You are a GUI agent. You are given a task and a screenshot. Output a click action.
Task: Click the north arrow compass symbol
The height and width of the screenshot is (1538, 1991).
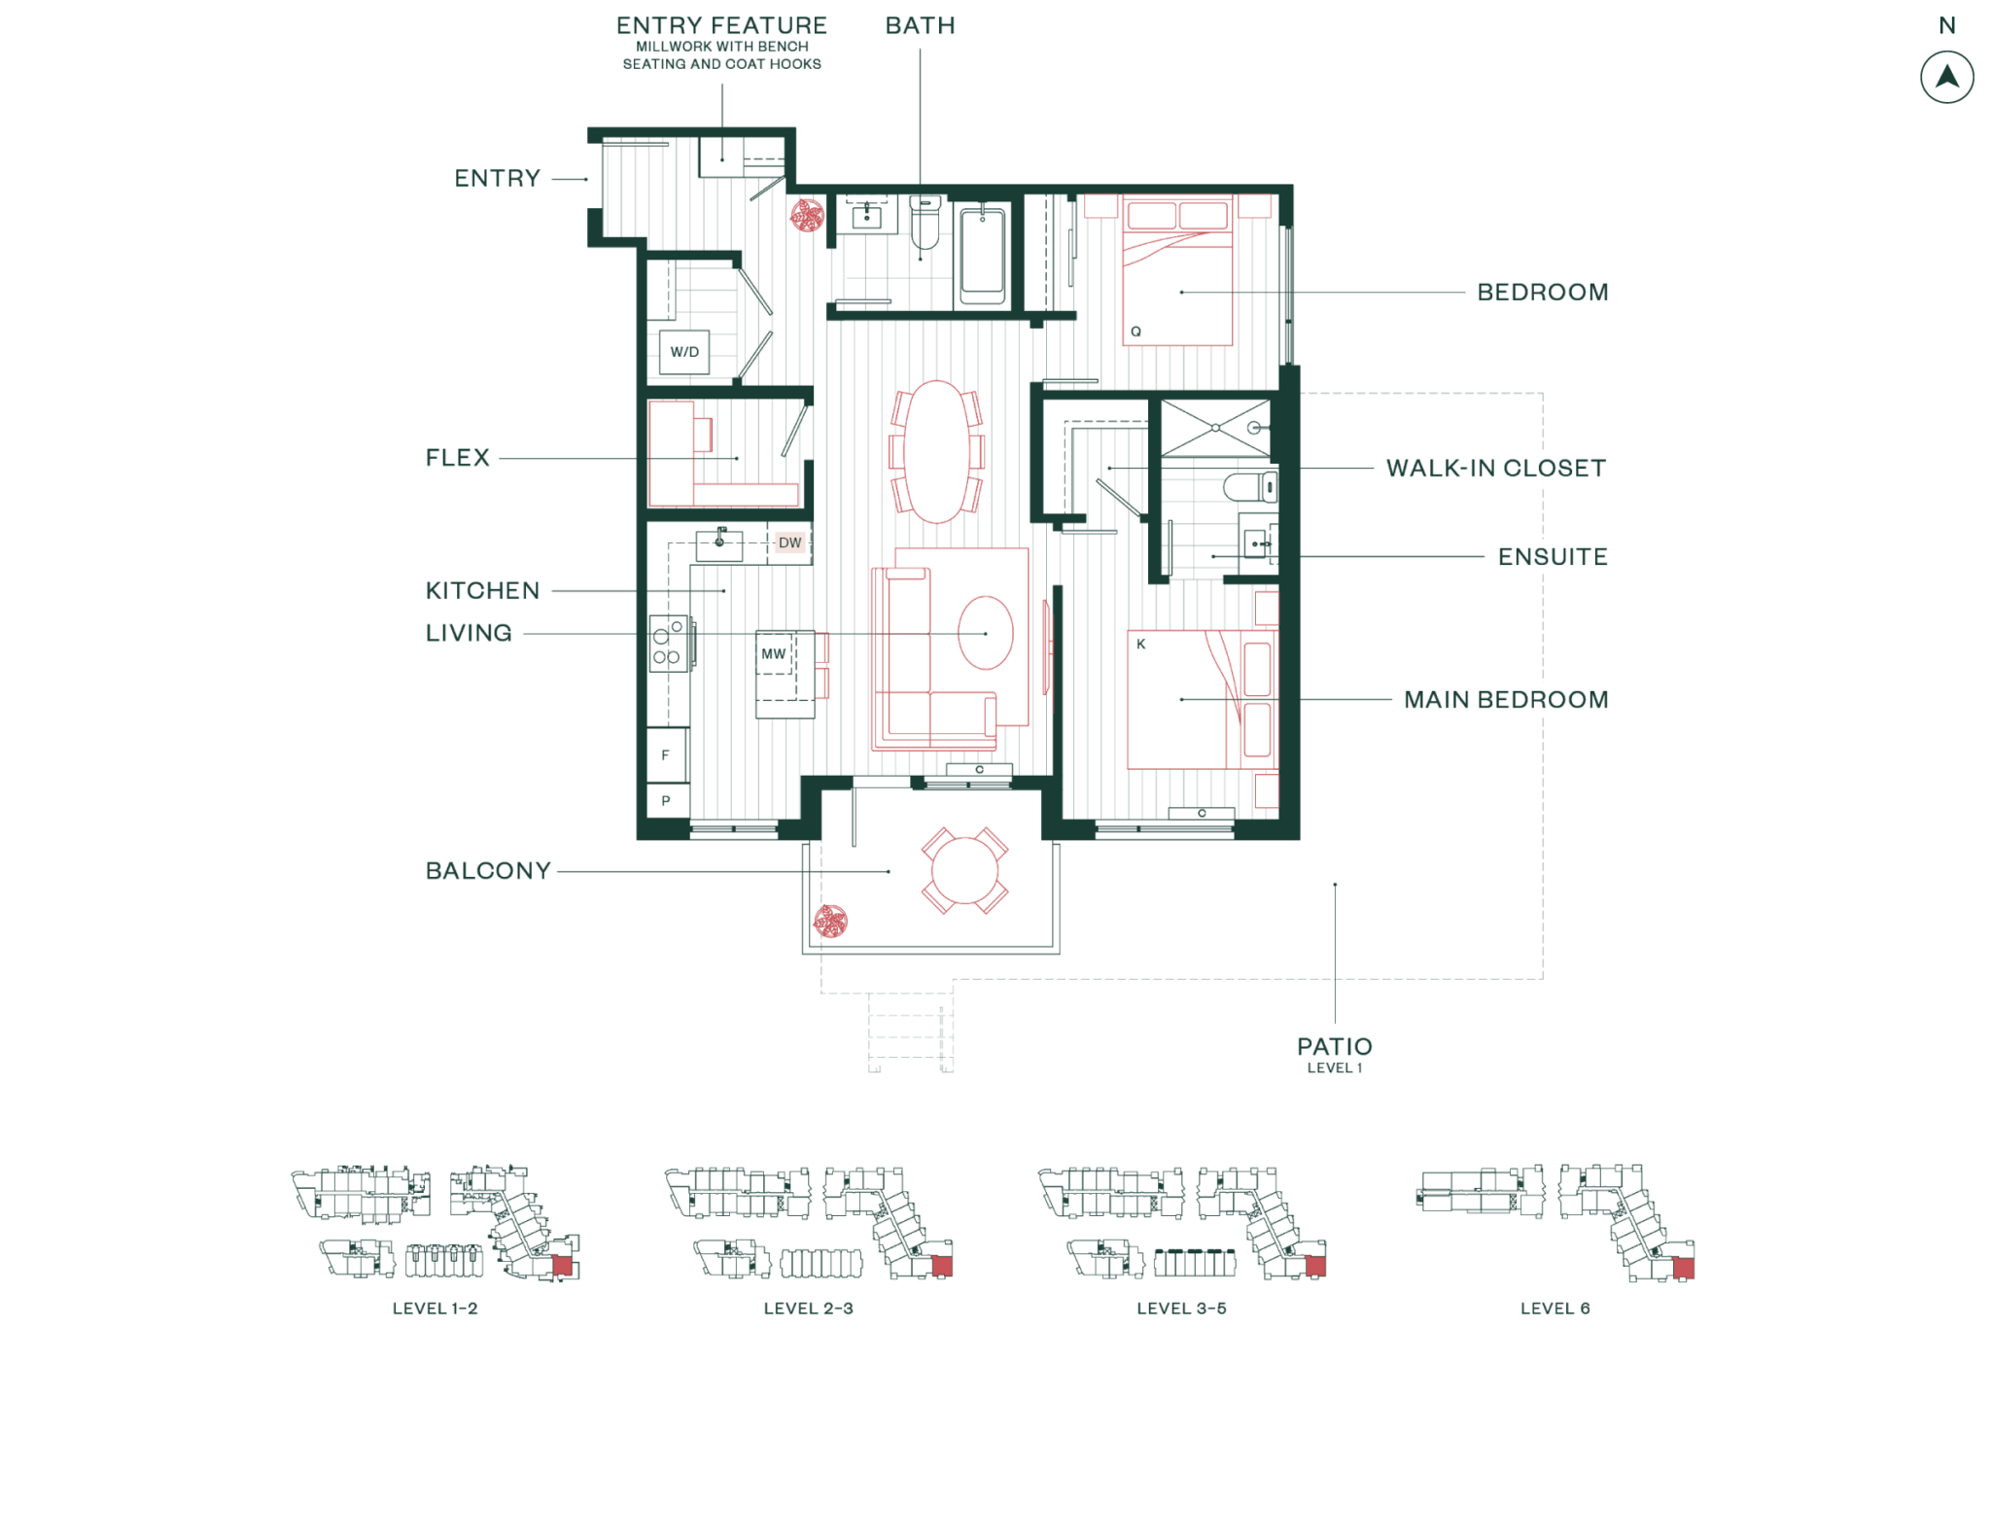(1946, 78)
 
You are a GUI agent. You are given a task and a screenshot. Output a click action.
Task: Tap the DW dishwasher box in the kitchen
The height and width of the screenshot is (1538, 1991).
(789, 542)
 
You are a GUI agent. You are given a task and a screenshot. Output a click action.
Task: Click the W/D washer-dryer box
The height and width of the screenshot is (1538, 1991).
(683, 351)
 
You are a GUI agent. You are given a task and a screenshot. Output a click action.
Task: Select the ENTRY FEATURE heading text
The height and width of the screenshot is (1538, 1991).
(721, 26)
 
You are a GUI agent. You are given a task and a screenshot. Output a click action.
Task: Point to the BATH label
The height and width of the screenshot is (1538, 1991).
(920, 26)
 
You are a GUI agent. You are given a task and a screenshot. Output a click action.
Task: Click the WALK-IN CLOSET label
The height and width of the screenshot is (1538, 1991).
(1495, 469)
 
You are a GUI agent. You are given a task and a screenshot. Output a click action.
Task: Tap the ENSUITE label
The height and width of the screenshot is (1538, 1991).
(1552, 557)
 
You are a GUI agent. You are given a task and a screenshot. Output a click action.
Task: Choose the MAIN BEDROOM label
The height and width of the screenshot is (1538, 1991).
(1505, 700)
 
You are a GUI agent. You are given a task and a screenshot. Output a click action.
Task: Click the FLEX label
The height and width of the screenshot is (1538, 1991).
(458, 458)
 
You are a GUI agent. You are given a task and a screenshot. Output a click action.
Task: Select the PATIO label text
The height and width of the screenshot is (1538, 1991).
(1334, 1047)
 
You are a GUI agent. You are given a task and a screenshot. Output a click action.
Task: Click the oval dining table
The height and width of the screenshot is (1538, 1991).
(936, 451)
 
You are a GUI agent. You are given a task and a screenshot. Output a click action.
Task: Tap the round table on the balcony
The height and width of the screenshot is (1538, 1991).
(964, 870)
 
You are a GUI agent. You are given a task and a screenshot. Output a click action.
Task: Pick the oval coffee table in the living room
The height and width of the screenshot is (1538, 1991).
(986, 633)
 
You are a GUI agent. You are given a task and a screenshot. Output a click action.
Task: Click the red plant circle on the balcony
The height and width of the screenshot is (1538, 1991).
(830, 921)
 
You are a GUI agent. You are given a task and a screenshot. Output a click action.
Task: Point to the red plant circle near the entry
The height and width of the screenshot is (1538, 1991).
(807, 216)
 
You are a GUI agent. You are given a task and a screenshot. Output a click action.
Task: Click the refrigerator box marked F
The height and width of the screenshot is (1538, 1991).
(667, 754)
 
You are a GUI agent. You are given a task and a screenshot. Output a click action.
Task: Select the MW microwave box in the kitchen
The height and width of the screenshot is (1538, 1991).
(775, 653)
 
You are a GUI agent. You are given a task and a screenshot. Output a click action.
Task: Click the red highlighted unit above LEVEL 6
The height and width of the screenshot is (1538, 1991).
(1683, 1269)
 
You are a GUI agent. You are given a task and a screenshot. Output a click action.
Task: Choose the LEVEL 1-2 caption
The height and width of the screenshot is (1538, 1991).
(435, 1309)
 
